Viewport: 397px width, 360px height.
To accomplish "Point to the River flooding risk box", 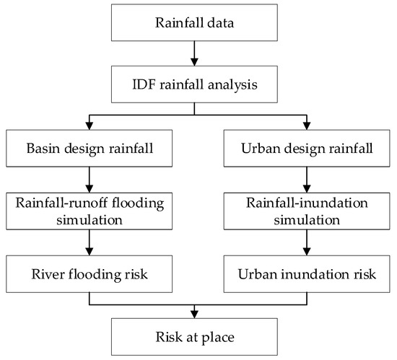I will coord(88,273).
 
